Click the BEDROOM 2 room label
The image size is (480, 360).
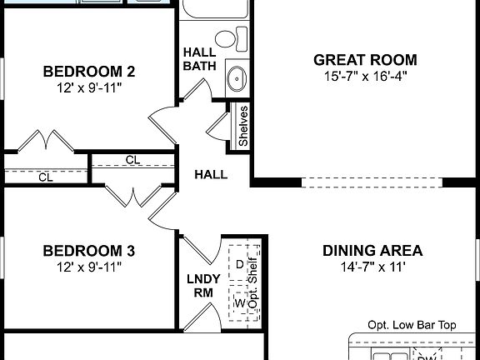click(88, 71)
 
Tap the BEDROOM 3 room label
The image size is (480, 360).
click(88, 251)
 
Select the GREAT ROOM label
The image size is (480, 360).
click(365, 60)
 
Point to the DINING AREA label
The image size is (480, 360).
click(372, 251)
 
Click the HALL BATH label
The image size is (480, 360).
click(200, 59)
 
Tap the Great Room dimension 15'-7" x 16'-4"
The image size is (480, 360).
click(365, 77)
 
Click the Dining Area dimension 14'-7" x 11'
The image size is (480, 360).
click(372, 267)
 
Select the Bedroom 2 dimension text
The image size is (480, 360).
click(88, 87)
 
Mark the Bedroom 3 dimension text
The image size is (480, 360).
click(88, 267)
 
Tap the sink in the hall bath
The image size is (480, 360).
click(237, 79)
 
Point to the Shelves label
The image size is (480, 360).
click(242, 126)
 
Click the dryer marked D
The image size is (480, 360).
click(239, 263)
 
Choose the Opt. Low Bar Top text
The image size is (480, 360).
click(412, 326)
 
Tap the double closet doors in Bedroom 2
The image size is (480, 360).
click(45, 141)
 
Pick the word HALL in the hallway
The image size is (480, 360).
click(211, 175)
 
